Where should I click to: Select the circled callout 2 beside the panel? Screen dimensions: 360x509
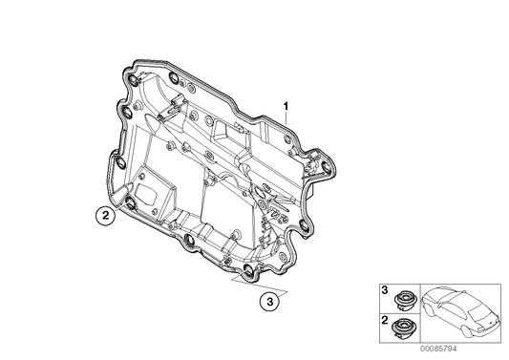(x=108, y=217)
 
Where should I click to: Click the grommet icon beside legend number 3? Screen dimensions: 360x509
(x=402, y=298)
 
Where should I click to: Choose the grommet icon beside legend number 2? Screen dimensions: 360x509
(x=402, y=329)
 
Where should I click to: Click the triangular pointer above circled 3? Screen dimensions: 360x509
(x=254, y=285)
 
